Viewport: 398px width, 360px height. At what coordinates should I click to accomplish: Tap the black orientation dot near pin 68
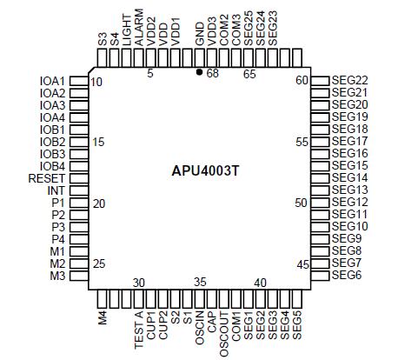(200, 73)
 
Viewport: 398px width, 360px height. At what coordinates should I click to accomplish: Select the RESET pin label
(46, 178)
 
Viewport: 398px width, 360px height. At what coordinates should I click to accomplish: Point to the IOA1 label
(52, 81)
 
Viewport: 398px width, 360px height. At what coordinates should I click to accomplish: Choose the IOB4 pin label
(52, 166)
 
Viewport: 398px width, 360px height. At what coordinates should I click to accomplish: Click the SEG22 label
(349, 81)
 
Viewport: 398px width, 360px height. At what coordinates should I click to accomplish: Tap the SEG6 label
(346, 276)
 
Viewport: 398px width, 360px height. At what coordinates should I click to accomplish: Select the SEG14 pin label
(349, 178)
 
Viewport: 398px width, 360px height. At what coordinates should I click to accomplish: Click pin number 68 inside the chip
(212, 74)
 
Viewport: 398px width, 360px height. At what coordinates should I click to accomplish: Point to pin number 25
(98, 263)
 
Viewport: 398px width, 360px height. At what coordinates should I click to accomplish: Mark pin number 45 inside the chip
(302, 263)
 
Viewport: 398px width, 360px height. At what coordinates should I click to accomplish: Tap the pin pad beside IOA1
(78, 81)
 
